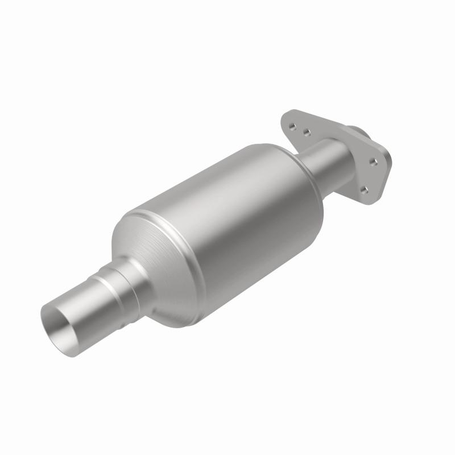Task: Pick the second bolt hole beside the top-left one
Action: coord(306,133)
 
